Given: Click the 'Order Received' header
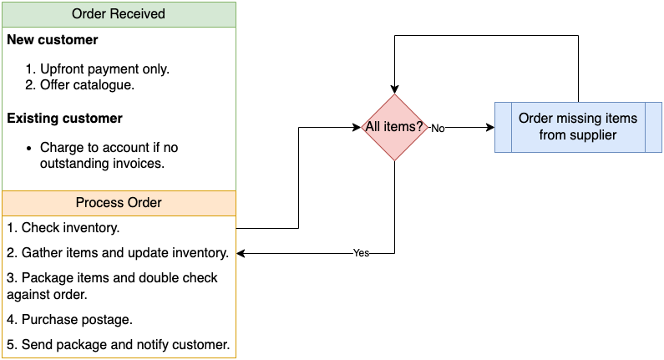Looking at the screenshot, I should pos(119,14).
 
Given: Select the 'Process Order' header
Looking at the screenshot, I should pos(119,203).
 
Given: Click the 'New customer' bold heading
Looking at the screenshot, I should pos(53,40).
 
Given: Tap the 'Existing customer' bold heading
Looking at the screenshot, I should pos(65,119).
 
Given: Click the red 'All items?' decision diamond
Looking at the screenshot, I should pos(394,128).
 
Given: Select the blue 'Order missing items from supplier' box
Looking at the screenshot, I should pos(577,127).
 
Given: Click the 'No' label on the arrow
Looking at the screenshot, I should pos(438,129).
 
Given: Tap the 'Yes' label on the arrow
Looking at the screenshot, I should pos(361,253).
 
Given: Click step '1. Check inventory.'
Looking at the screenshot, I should pos(63,227).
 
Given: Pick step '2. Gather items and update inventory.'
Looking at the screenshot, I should pos(118,252).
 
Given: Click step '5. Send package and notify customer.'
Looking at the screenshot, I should pos(118,344).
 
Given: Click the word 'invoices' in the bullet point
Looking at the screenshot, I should pos(134,164).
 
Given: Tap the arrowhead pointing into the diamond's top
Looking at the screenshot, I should pos(394,89).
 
